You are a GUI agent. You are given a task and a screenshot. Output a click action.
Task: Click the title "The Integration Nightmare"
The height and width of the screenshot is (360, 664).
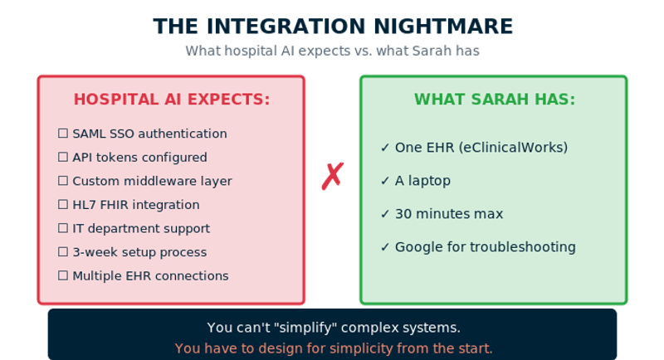[x=332, y=26]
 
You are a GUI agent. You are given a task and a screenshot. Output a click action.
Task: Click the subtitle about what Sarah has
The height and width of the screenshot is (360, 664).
[x=332, y=51]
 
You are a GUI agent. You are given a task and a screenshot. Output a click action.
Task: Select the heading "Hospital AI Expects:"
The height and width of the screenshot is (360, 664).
[x=172, y=100]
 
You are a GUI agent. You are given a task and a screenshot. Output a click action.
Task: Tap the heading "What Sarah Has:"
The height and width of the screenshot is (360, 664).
[x=494, y=100]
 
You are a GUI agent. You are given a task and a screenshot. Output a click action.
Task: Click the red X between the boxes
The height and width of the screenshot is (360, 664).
[x=332, y=176]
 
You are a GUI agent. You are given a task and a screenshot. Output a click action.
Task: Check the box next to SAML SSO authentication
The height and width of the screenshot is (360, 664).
[x=63, y=134]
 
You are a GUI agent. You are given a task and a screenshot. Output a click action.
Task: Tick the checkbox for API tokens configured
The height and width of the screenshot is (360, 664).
[x=63, y=158]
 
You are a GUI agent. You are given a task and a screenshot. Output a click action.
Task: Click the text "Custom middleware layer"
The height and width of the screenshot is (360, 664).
[x=152, y=181]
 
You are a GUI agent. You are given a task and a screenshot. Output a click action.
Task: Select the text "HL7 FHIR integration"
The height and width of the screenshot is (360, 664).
[x=135, y=205]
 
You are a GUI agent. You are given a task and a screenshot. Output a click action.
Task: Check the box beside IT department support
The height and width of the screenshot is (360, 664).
[x=63, y=229]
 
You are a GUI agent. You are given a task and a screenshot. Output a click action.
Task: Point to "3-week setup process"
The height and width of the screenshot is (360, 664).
[x=139, y=252]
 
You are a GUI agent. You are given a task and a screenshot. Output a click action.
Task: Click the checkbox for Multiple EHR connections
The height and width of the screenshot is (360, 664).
[x=63, y=276]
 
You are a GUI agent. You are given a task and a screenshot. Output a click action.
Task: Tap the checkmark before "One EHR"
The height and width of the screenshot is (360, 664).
[x=385, y=148]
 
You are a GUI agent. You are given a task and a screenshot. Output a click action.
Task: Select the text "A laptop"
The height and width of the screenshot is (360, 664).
[x=422, y=181]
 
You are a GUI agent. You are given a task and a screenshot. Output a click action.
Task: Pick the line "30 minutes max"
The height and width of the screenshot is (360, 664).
[x=449, y=214]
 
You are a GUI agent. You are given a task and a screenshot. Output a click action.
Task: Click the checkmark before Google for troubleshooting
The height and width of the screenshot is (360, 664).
[x=385, y=247]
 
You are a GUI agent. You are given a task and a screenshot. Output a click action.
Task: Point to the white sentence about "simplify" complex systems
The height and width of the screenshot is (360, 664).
[x=333, y=328]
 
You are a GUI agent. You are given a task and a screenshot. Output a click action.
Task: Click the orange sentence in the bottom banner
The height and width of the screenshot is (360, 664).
[x=333, y=348]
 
